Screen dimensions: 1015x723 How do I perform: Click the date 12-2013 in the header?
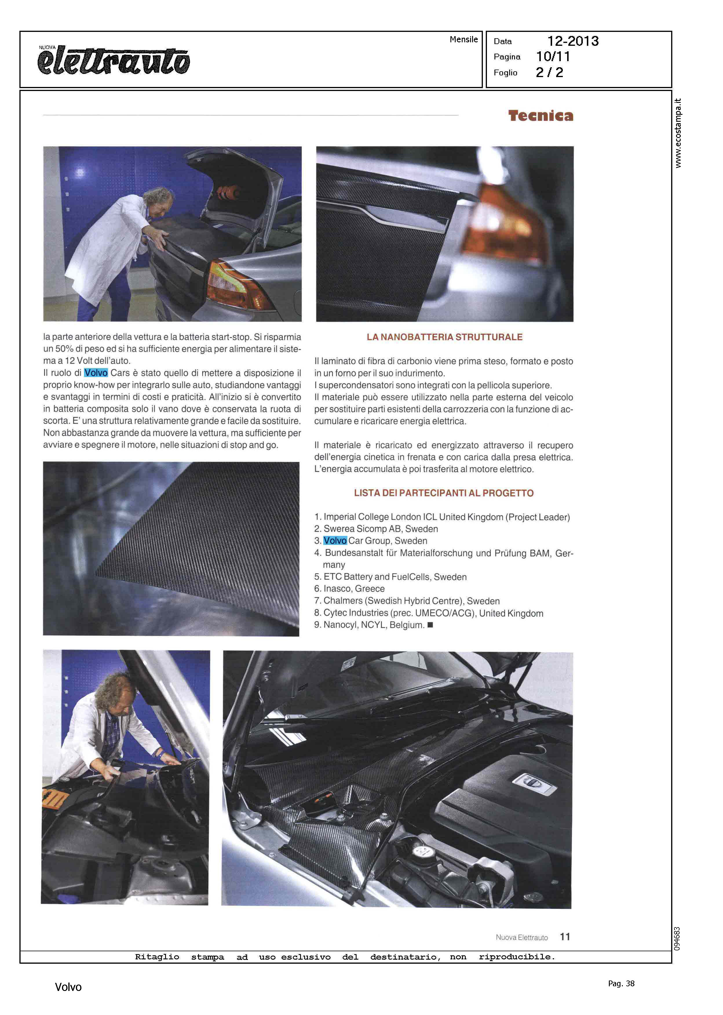point(573,41)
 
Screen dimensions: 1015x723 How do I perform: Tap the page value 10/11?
point(553,57)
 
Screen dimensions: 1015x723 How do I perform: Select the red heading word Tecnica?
point(541,116)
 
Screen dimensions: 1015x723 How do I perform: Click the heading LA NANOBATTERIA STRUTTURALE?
point(444,337)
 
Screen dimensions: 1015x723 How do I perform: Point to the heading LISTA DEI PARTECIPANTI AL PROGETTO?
point(443,493)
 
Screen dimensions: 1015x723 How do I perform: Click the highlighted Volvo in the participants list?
point(335,541)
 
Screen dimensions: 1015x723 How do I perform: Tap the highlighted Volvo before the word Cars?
point(96,373)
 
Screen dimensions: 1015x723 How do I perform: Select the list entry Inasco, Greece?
point(354,589)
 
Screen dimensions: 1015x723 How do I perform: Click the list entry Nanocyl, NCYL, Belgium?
point(373,625)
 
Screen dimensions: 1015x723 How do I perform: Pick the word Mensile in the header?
point(463,40)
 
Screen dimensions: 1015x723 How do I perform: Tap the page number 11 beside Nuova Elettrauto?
point(565,937)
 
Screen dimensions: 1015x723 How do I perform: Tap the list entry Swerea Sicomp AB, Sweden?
point(381,529)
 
